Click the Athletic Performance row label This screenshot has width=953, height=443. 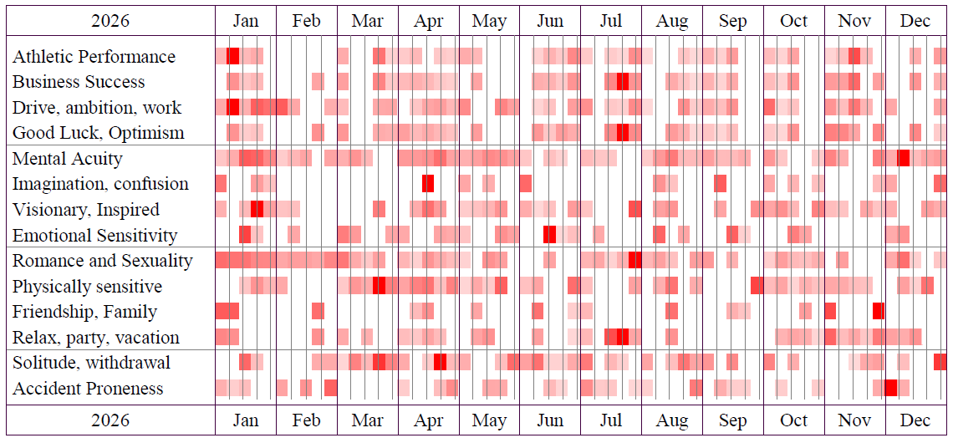coord(94,57)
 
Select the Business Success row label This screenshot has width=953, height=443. coord(79,82)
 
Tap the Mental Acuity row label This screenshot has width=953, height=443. coord(67,159)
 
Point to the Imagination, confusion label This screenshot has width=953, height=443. coord(100,184)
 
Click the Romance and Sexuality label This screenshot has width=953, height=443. coord(102,261)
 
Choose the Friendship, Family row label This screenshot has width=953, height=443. coord(84,312)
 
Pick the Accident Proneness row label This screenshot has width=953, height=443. coord(88,389)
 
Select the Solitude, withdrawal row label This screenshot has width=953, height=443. coord(91,363)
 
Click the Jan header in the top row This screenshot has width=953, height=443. coord(245,21)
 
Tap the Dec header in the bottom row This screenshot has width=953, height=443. coord(915,420)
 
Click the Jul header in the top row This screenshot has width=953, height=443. coord(611,21)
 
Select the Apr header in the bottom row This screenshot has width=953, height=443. coord(428,420)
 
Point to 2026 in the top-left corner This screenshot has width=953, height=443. coord(110,21)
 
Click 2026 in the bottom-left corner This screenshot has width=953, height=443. coord(110,420)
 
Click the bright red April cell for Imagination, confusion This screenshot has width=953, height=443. coord(428,184)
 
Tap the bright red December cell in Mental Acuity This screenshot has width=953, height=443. coord(903,159)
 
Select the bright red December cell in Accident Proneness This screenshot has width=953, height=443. coord(890,389)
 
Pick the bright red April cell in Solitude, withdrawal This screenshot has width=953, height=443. coord(440,363)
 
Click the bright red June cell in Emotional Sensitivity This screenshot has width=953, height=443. coord(549,235)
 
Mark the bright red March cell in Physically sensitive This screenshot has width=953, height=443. coord(379,286)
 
